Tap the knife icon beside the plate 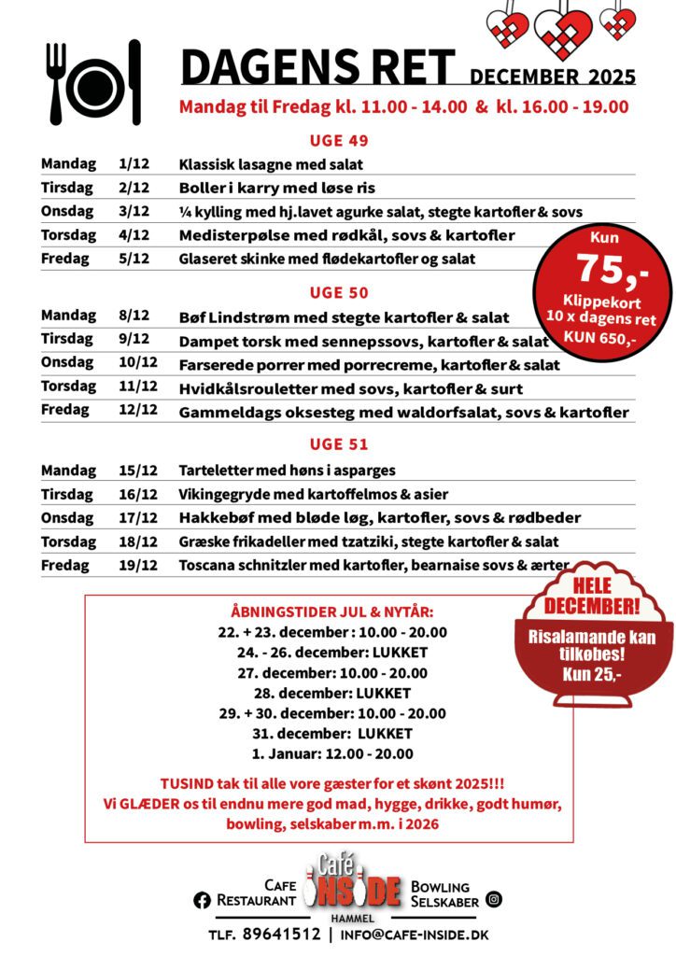pos(135,82)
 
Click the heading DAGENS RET pos(317,67)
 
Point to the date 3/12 pos(134,212)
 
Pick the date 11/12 pos(137,387)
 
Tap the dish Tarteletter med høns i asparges pos(287,471)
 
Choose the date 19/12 pos(137,565)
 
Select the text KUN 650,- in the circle pos(601,337)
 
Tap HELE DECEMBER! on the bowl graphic pos(592,596)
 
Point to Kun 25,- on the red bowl pos(593,673)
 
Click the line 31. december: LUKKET pos(332,734)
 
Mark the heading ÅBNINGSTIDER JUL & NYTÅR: pos(331,612)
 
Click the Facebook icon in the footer pos(202,900)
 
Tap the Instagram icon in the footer pos(494,900)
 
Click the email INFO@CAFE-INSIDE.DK pos(414,935)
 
